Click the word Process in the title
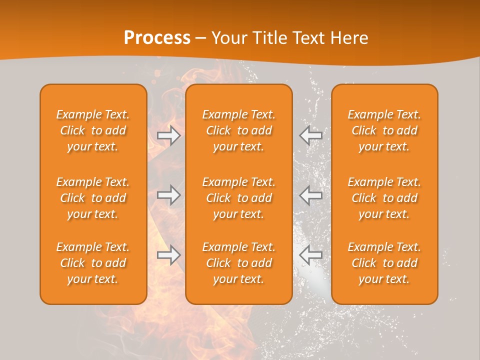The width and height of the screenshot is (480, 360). click(157, 38)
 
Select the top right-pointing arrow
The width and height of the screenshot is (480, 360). click(169, 135)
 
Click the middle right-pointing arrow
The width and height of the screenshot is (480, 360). click(169, 195)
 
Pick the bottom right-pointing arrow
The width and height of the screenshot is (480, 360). click(169, 255)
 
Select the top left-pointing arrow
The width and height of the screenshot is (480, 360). click(310, 135)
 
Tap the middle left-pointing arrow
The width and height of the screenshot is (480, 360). click(310, 195)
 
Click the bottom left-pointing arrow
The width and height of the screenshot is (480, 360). click(310, 255)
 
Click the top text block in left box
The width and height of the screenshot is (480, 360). click(93, 130)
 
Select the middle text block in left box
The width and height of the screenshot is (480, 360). click(93, 198)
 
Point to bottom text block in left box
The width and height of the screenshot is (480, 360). click(93, 263)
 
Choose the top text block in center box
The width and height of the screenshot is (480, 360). click(238, 130)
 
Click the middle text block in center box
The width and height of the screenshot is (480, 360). click(238, 198)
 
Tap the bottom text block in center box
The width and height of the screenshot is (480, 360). click(238, 263)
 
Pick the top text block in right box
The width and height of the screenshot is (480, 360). click(384, 130)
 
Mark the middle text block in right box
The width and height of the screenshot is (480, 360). click(384, 198)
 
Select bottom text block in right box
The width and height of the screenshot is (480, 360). click(384, 263)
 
